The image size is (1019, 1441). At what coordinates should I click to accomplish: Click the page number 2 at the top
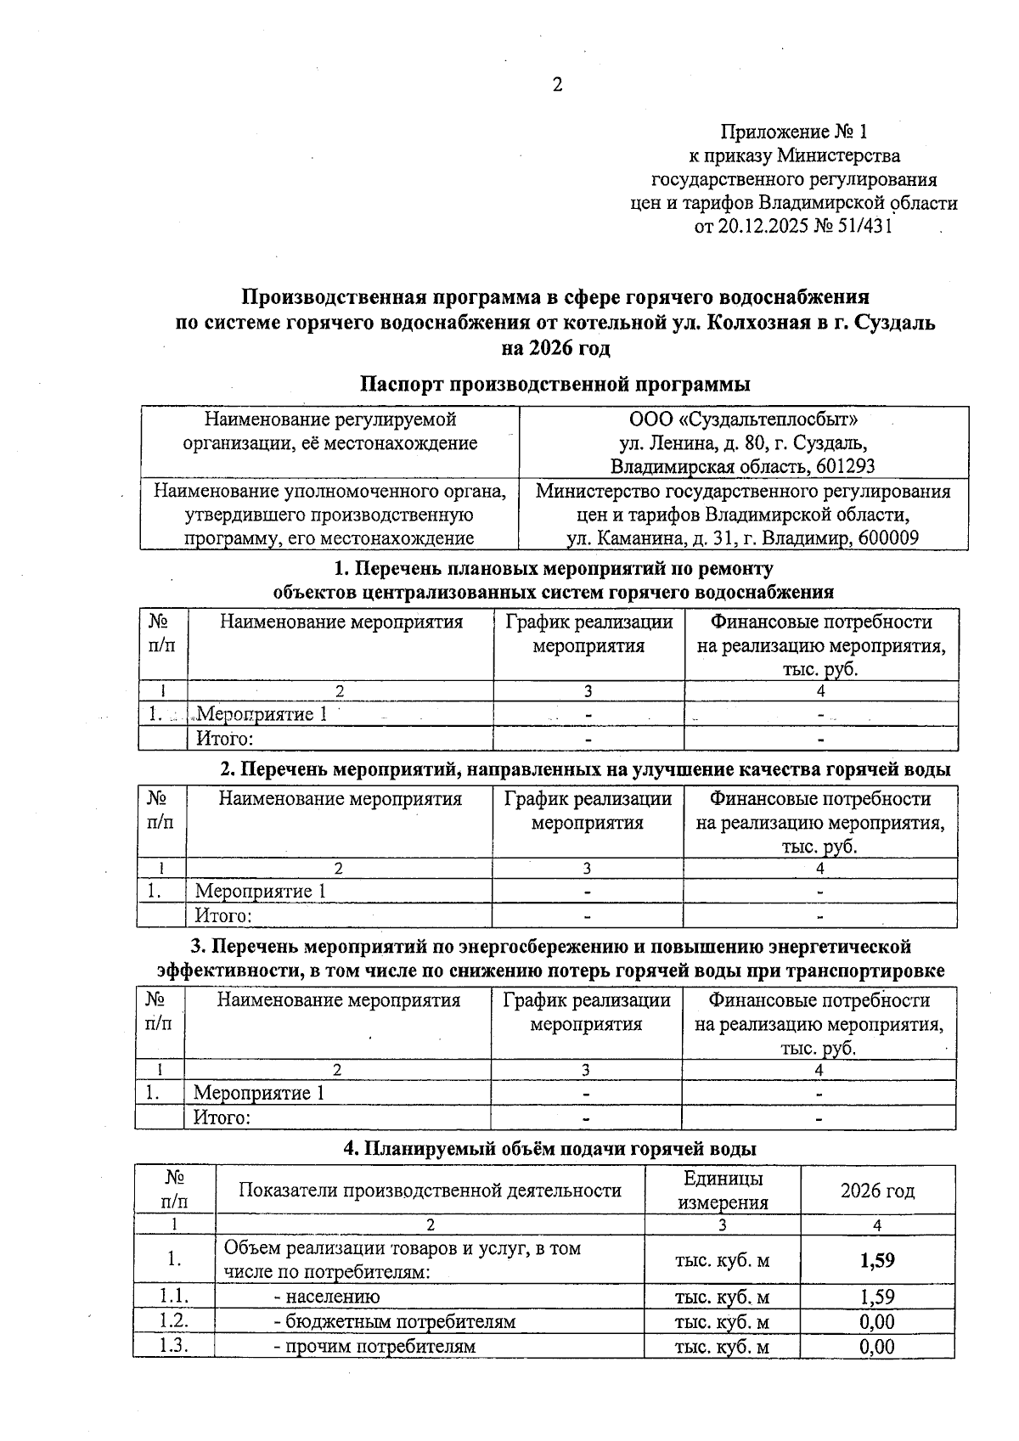click(557, 85)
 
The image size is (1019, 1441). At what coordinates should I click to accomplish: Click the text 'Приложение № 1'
click(794, 132)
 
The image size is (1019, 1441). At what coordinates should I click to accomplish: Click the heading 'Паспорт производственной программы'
click(555, 384)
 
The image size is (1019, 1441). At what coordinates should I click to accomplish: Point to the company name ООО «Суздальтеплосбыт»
click(742, 419)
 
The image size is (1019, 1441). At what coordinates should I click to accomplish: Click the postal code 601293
click(844, 466)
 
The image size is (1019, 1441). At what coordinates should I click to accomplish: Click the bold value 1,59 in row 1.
click(877, 1259)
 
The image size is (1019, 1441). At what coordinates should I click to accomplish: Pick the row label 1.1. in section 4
click(174, 1296)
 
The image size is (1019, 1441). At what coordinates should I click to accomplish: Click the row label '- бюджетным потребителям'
click(394, 1321)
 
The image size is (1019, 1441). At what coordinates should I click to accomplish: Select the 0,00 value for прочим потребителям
click(877, 1347)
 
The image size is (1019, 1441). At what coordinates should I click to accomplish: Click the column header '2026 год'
click(877, 1191)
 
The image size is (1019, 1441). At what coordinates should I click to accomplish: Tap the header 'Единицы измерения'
click(723, 1191)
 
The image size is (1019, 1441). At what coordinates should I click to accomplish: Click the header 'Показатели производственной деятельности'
click(430, 1191)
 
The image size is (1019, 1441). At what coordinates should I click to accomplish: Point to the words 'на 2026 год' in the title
click(555, 348)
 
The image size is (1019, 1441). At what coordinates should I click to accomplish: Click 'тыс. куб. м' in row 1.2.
click(722, 1321)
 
